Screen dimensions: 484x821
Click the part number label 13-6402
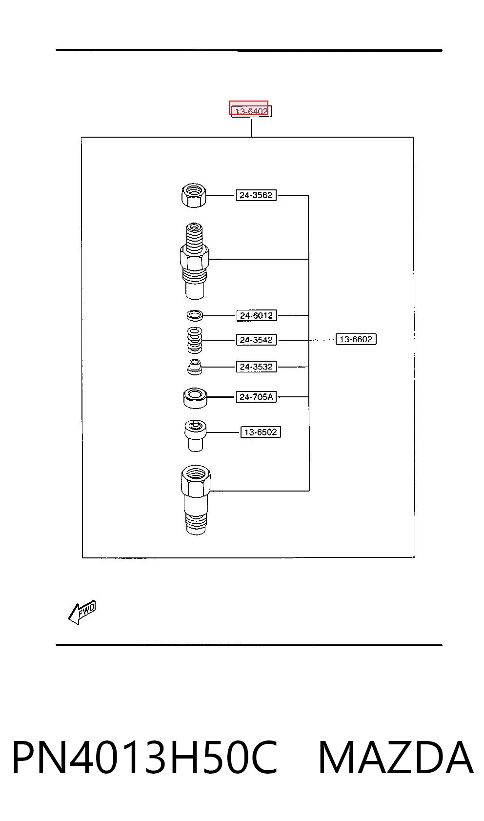251,111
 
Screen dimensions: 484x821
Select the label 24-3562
256,195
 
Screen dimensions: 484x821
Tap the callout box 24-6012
257,316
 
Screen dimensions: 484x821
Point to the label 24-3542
256,340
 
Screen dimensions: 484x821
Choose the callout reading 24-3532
256,367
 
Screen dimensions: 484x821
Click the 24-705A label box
256,397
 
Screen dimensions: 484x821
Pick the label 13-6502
261,432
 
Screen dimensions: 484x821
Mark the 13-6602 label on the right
356,339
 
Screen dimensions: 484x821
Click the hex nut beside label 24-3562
194,196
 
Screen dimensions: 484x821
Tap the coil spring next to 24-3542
195,340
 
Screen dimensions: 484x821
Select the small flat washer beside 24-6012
195,315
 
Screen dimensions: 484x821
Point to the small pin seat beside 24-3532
195,367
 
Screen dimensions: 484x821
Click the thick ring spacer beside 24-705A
195,398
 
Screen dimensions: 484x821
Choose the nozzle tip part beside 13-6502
195,435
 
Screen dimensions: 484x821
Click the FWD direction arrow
82,613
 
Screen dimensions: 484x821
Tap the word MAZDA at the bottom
396,758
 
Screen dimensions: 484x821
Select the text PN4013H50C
145,758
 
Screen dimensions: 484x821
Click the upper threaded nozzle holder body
195,261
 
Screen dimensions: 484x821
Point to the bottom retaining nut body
196,500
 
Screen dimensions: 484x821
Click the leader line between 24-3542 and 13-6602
306,340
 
